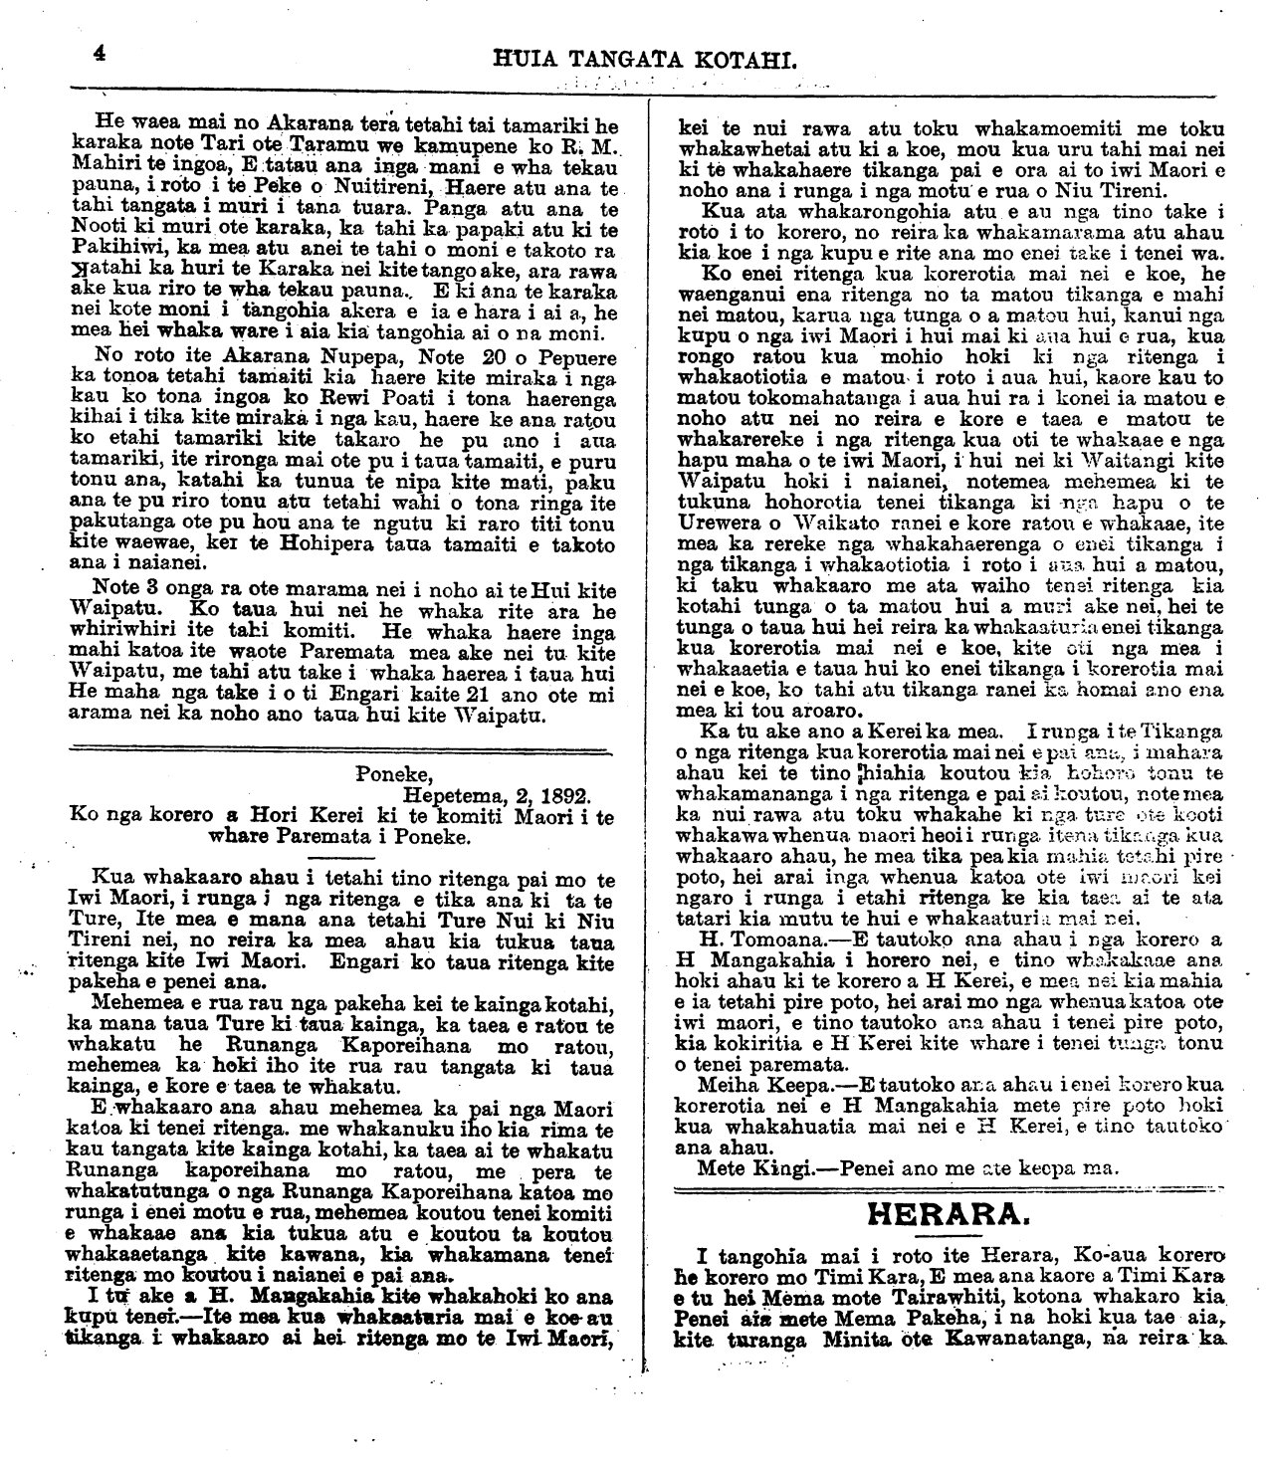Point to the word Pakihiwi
pyautogui.click(x=115, y=253)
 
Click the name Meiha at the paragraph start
pyautogui.click(x=727, y=1082)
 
